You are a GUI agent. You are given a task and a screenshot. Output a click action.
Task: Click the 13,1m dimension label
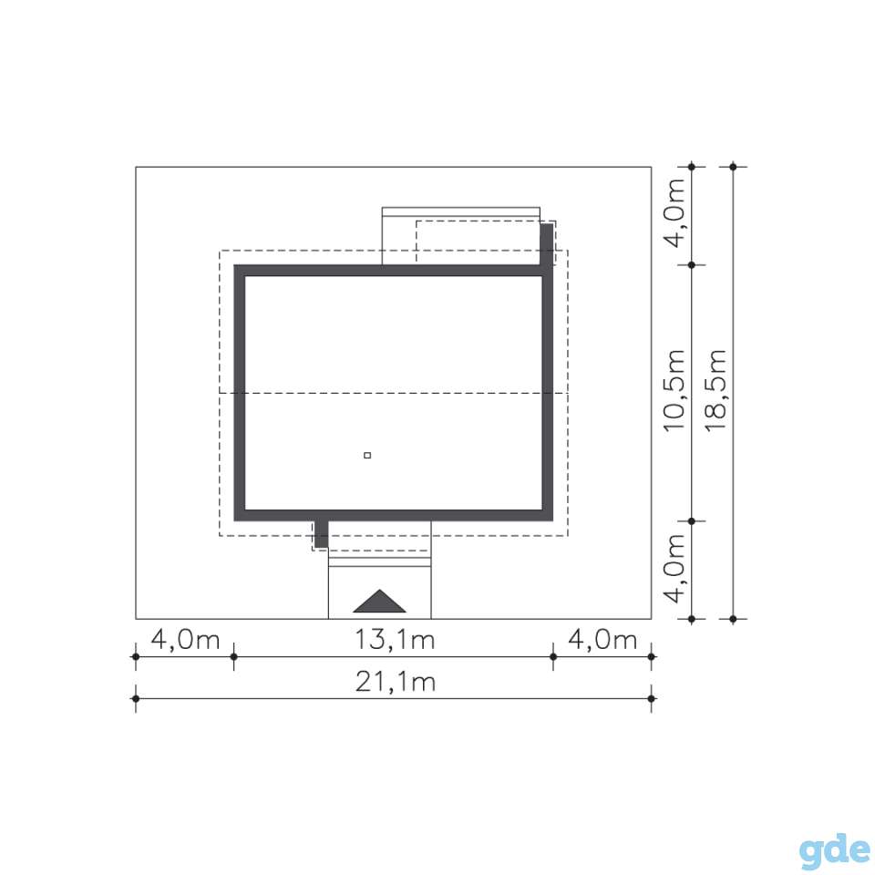(395, 640)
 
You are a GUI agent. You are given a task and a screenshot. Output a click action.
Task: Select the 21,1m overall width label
(395, 682)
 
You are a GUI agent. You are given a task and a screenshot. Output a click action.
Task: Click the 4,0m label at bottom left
(185, 640)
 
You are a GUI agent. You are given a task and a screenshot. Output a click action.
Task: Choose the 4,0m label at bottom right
(602, 640)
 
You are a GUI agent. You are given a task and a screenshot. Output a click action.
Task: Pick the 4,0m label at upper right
(674, 213)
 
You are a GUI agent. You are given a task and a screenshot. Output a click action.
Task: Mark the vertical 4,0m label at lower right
(674, 569)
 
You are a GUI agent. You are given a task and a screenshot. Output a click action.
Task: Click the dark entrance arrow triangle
(379, 602)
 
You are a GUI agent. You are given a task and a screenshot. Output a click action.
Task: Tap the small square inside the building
(367, 456)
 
